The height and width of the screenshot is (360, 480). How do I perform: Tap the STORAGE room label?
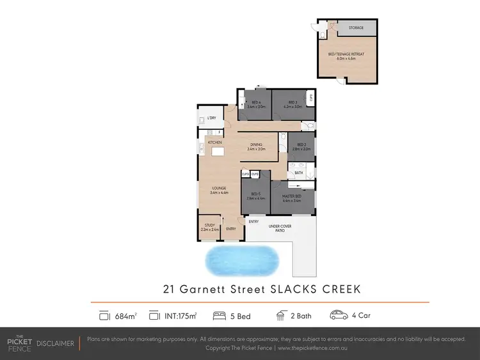[356, 28]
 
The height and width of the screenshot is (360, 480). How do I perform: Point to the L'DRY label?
[211, 118]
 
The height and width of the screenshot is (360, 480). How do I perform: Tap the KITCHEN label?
[214, 141]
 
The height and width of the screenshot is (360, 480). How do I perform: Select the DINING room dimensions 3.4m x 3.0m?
[256, 149]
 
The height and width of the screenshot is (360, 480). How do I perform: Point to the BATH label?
[299, 173]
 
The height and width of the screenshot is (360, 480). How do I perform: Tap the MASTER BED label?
[292, 197]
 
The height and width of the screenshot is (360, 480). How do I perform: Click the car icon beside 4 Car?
[339, 315]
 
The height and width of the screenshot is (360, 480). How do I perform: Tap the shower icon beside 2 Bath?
[280, 315]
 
